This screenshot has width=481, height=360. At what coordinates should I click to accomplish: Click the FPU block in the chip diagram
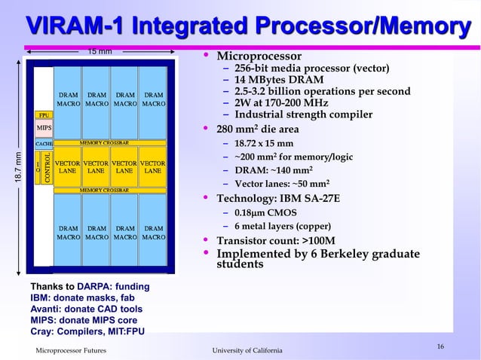(x=44, y=115)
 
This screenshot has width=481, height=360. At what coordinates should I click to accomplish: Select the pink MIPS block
(x=44, y=128)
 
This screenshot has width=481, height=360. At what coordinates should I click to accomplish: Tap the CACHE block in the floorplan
(x=44, y=142)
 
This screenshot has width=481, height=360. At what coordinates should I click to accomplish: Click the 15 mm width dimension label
(x=100, y=51)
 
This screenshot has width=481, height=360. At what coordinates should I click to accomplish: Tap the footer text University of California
(x=247, y=351)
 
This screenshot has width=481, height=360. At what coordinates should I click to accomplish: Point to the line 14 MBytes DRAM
(x=279, y=81)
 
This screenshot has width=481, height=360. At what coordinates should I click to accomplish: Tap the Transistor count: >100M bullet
(x=286, y=241)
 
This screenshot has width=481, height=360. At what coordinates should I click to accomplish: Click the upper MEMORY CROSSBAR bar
(x=104, y=142)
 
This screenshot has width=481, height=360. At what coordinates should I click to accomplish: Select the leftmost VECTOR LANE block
(x=67, y=167)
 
